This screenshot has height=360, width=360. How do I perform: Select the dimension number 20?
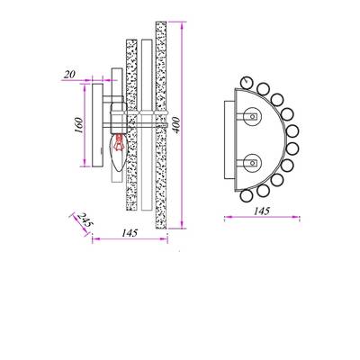coord(70,75)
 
